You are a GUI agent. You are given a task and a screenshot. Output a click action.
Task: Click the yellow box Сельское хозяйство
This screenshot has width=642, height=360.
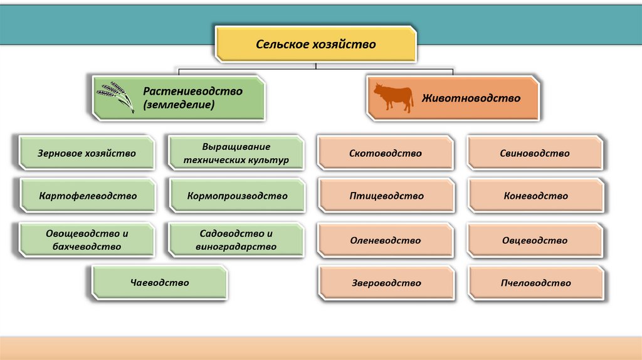tap(315, 45)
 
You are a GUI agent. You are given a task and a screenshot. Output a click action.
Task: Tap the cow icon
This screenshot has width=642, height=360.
tap(393, 98)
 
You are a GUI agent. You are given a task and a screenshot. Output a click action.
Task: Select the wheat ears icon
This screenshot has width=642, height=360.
tap(117, 96)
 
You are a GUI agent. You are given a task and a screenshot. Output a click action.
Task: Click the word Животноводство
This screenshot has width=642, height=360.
tap(471, 98)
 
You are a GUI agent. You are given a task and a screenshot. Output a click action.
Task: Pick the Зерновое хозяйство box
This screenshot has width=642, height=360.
tap(87, 152)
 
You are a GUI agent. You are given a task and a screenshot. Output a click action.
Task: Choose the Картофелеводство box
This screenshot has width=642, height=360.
tap(87, 196)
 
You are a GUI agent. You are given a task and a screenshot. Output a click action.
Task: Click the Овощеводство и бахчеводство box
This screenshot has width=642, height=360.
tap(87, 240)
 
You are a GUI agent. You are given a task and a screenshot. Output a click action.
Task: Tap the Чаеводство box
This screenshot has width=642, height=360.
tap(160, 282)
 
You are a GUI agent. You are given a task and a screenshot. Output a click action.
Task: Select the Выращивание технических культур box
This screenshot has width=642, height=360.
tap(236, 153)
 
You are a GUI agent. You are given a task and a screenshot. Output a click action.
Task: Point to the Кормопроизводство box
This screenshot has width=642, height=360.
tap(236, 196)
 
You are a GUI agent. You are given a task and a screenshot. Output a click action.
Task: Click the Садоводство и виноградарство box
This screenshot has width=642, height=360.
tap(236, 240)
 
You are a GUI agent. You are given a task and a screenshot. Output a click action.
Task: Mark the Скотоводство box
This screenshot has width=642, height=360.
tap(386, 153)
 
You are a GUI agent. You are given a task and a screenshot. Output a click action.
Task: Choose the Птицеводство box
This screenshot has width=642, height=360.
tap(386, 196)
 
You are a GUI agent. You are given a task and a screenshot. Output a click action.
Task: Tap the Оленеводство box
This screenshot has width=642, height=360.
tap(386, 240)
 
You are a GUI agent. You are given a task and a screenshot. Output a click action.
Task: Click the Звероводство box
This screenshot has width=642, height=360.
tap(386, 283)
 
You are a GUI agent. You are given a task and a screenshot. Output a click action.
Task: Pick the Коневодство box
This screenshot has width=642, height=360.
tap(535, 196)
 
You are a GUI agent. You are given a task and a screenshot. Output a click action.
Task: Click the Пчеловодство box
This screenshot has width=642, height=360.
tap(535, 283)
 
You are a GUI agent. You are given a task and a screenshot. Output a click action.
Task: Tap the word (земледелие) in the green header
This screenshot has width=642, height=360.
tap(179, 105)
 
